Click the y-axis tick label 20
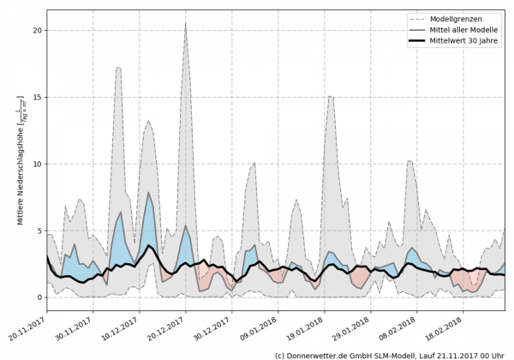tap(37, 30)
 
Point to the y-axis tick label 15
tap(37, 97)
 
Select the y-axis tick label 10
tap(37, 164)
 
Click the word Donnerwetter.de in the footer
tap(327, 354)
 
